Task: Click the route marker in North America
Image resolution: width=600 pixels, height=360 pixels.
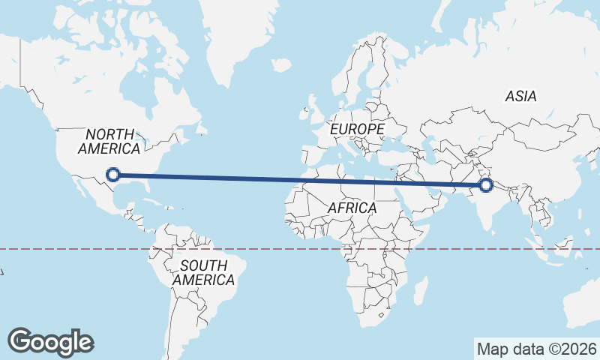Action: pos(113,175)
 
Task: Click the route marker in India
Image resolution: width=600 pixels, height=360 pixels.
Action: pos(485,184)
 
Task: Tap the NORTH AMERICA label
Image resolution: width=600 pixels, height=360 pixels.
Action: pos(109,141)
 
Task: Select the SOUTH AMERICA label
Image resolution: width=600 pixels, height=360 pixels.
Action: pos(203,272)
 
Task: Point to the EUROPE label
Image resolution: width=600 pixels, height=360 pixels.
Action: pos(357,130)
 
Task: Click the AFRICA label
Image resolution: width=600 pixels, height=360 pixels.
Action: pos(351,208)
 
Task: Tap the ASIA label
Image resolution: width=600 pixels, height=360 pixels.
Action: pos(520,97)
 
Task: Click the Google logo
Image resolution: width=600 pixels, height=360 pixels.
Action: pos(50,341)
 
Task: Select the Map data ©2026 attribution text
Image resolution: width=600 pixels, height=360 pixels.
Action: pos(537,349)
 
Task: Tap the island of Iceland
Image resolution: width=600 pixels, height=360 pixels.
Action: pos(281,65)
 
